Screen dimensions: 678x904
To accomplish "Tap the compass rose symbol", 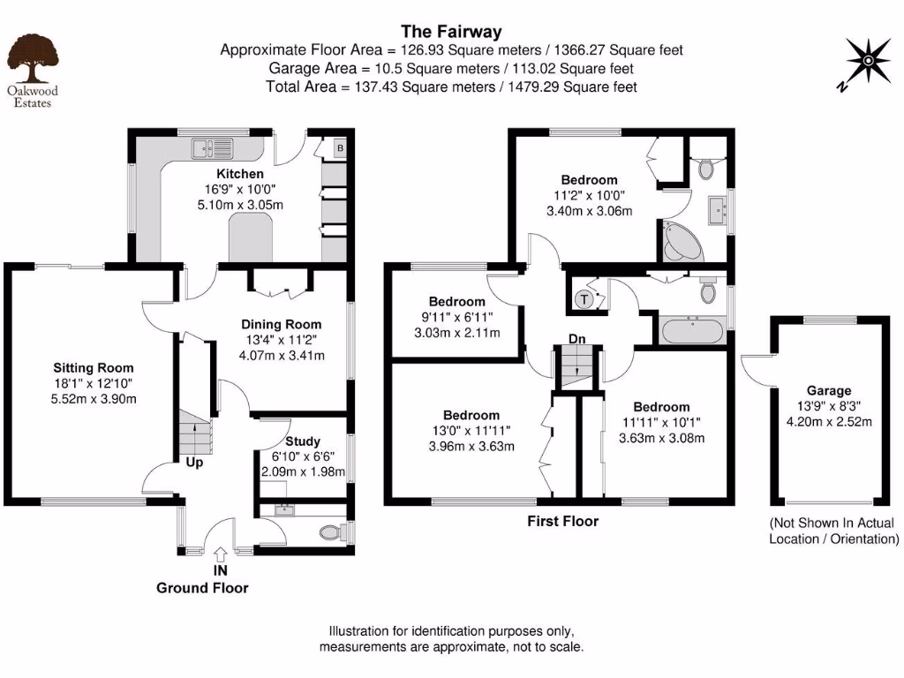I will click(868, 60).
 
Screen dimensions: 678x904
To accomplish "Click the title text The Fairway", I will click(451, 33).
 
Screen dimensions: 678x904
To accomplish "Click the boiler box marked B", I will click(339, 149).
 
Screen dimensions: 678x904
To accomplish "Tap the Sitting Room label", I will click(93, 367).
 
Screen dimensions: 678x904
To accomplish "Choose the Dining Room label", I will click(282, 324).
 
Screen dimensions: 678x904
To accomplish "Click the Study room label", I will click(303, 441).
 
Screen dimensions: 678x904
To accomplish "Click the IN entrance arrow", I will click(221, 556).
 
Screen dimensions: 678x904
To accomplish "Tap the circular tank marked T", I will click(584, 299).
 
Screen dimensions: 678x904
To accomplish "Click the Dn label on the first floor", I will click(576, 338).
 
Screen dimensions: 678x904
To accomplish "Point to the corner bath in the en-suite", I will click(682, 240).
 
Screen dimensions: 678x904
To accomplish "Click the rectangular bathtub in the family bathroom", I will click(693, 332).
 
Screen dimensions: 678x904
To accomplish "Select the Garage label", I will click(828, 390).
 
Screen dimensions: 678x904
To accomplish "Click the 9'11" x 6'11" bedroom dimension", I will click(456, 317).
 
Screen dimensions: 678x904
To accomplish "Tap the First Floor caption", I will click(562, 521).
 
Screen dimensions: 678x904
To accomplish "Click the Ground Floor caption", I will click(202, 587).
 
